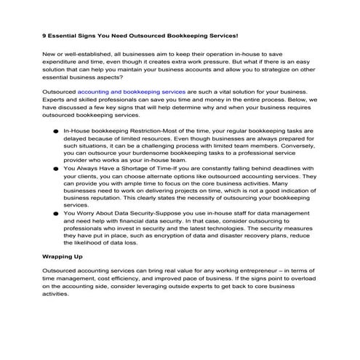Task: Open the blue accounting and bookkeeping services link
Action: tap(132, 93)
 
